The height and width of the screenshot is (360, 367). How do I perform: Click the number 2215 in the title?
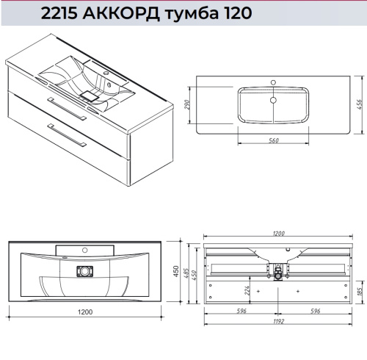pyautogui.click(x=63, y=12)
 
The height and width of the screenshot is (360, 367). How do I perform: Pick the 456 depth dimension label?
pyautogui.click(x=360, y=106)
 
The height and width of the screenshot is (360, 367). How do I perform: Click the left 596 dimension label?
pyautogui.click(x=241, y=311)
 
